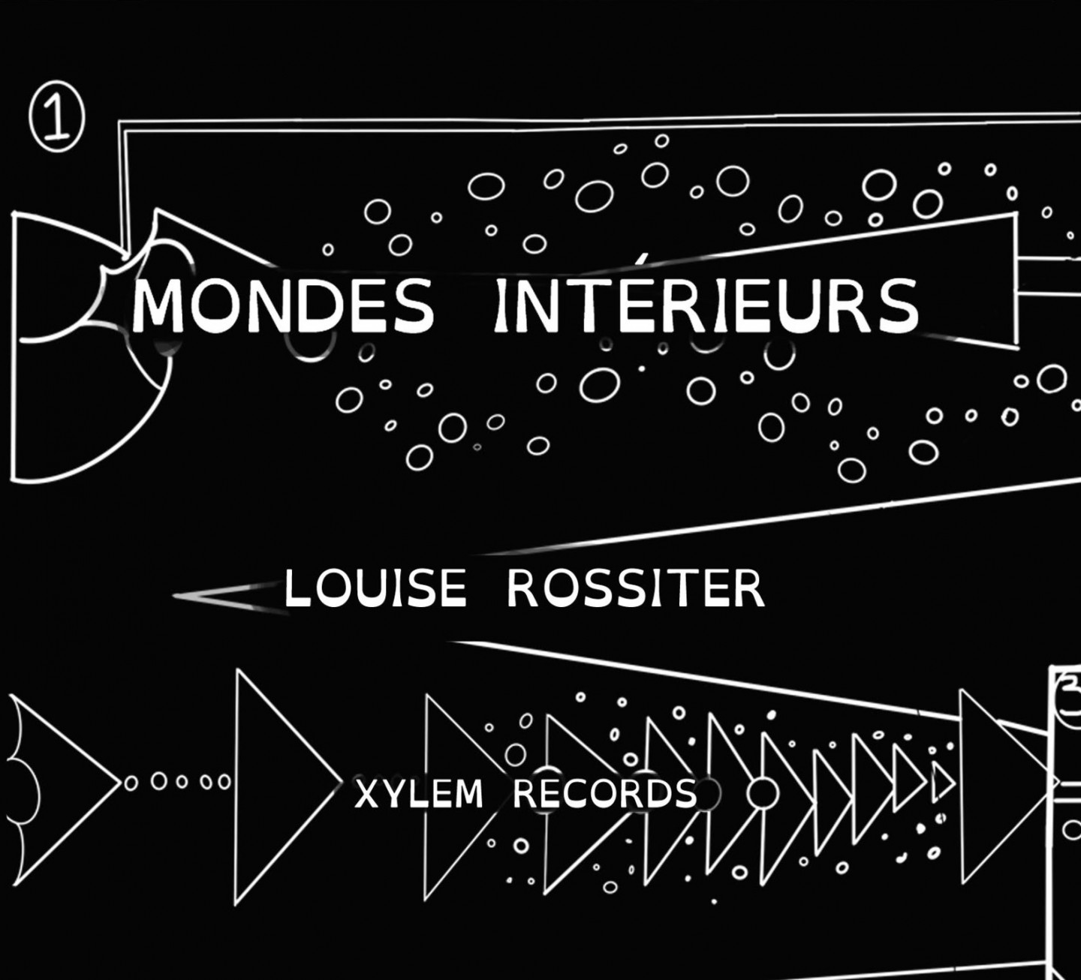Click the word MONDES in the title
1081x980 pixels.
click(284, 305)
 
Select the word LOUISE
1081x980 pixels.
click(375, 589)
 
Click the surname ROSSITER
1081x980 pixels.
click(636, 589)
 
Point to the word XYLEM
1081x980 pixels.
click(419, 794)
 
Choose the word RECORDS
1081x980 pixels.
click(605, 794)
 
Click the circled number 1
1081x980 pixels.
click(56, 117)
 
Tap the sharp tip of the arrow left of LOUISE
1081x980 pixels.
click(173, 596)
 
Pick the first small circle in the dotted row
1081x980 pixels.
click(130, 783)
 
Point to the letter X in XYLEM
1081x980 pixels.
click(367, 794)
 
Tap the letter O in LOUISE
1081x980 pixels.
click(336, 589)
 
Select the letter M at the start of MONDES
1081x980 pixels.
click(155, 305)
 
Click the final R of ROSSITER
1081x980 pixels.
click(750, 589)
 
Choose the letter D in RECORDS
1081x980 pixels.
click(653, 794)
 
